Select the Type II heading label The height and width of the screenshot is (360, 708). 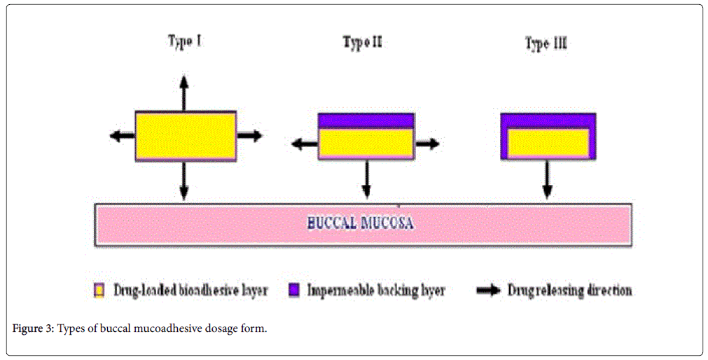[363, 43]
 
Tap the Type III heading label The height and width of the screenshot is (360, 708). [546, 43]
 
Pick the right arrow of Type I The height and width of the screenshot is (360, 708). [249, 136]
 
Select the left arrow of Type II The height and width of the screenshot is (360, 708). [305, 144]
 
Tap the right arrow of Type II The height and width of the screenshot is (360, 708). [427, 144]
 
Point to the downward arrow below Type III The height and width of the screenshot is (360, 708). [548, 181]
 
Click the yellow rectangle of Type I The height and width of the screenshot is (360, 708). [185, 136]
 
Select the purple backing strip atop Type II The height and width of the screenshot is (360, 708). [366, 120]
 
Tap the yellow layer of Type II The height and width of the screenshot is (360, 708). [366, 143]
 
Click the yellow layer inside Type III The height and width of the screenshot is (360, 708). [548, 142]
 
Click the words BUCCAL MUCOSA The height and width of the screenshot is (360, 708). [361, 224]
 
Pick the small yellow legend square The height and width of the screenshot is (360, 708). [99, 290]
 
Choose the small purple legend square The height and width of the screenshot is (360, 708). [293, 290]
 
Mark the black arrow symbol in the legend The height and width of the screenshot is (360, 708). [489, 290]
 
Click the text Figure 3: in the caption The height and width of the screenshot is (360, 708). [34, 329]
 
